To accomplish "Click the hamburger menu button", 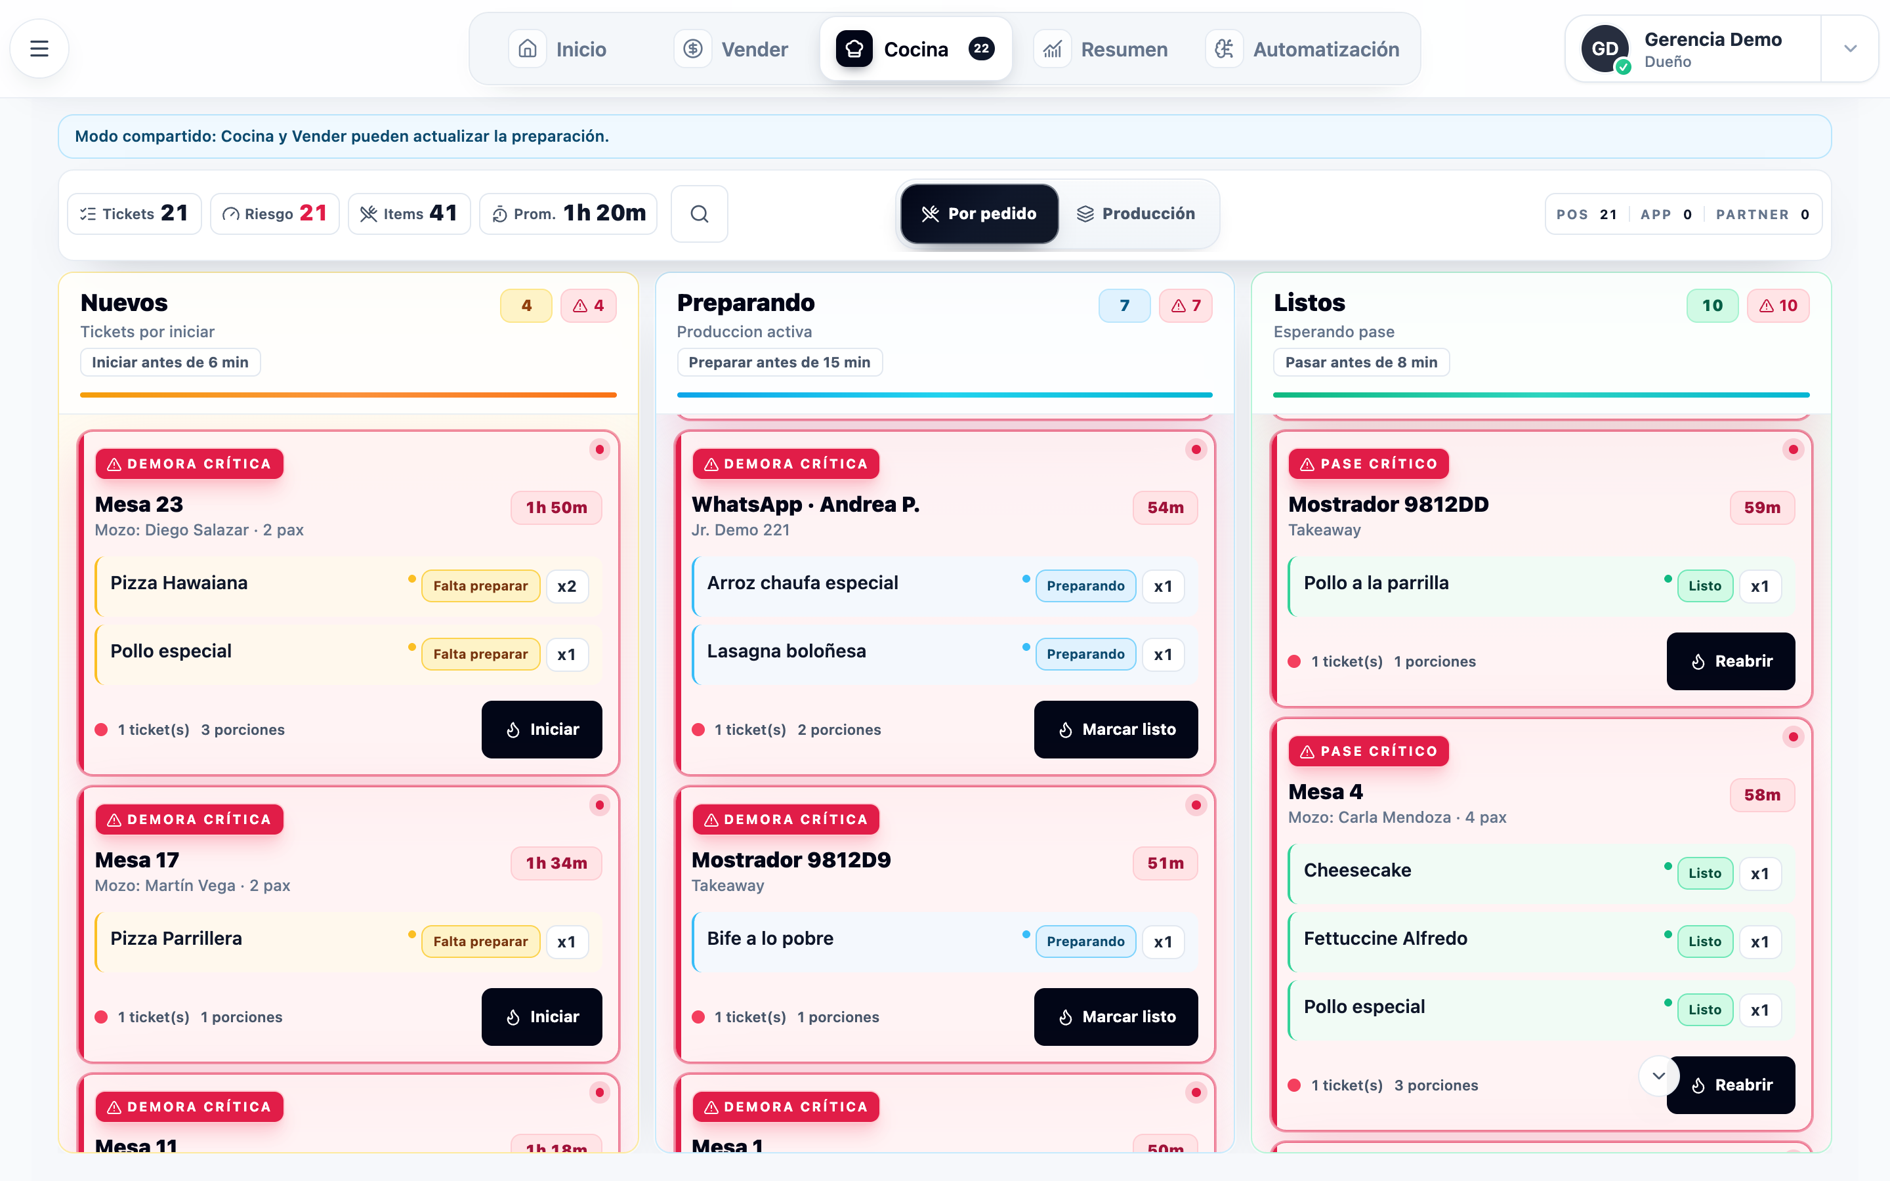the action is point(39,49).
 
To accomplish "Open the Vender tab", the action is point(732,49).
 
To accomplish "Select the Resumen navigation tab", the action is point(1101,49).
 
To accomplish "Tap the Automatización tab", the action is point(1303,49).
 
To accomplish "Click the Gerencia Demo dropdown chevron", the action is point(1849,49).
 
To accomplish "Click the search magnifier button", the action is point(699,214).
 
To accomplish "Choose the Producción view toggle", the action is point(1137,214).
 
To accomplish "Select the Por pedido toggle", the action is point(979,214).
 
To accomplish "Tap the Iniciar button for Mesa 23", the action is point(542,730).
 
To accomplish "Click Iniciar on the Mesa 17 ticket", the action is point(542,1017).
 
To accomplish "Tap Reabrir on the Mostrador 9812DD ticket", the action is point(1731,661).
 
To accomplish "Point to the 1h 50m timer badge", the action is point(556,508).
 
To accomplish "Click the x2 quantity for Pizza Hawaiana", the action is point(567,587).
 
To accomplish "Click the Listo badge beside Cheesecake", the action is point(1705,873).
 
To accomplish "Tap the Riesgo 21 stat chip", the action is point(275,214).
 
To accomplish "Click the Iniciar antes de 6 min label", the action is point(170,362).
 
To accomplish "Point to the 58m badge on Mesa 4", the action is point(1763,795).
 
